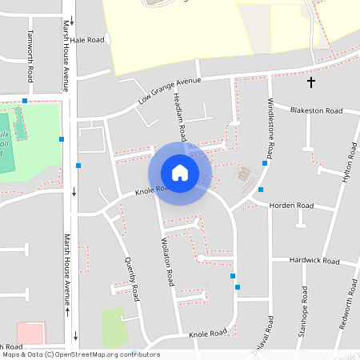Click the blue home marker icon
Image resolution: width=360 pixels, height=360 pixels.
click(x=180, y=173)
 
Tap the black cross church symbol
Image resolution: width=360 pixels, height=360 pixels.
click(x=311, y=82)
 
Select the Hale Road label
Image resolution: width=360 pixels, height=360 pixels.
click(x=87, y=39)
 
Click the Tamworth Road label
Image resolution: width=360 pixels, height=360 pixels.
click(x=30, y=56)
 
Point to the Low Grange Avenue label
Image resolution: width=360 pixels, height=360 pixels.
click(x=168, y=92)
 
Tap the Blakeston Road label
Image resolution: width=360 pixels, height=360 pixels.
click(x=316, y=110)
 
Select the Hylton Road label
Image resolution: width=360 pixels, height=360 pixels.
click(x=347, y=166)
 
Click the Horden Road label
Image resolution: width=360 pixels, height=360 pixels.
click(x=292, y=206)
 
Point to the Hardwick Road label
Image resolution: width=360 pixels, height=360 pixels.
click(x=314, y=261)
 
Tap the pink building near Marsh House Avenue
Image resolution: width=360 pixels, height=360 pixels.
click(x=30, y=333)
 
